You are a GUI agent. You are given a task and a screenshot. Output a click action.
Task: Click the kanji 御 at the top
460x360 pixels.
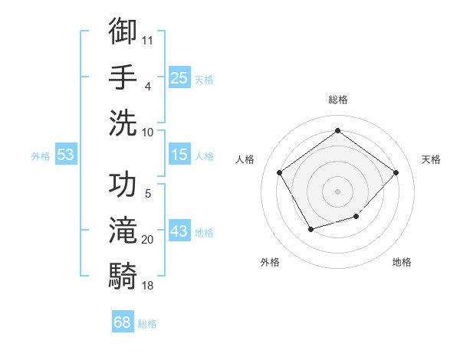[x=123, y=31]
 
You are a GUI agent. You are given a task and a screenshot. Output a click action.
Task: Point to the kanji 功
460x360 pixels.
[x=123, y=185]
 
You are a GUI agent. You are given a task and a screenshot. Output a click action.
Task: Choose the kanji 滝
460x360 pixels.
[x=123, y=229]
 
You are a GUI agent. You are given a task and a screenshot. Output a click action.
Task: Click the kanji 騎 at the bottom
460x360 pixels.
[x=123, y=275]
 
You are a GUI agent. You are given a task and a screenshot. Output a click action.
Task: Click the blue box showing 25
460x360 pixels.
[x=179, y=78]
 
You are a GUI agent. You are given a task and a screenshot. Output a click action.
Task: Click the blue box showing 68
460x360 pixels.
[x=122, y=322]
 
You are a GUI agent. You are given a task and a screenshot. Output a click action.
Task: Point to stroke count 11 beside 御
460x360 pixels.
[x=148, y=38]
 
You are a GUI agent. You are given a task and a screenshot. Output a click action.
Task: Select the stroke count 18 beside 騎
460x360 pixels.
[x=148, y=286]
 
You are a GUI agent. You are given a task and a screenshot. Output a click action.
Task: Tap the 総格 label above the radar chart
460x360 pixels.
[x=337, y=100]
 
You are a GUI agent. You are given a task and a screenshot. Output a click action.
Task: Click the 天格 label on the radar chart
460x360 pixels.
[x=431, y=159]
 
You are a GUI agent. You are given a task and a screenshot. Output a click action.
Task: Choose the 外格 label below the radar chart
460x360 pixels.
[x=270, y=262]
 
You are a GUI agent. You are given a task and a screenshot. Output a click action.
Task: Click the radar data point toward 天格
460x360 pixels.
[x=396, y=172]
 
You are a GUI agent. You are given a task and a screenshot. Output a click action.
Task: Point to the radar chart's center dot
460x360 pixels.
[x=337, y=190]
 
